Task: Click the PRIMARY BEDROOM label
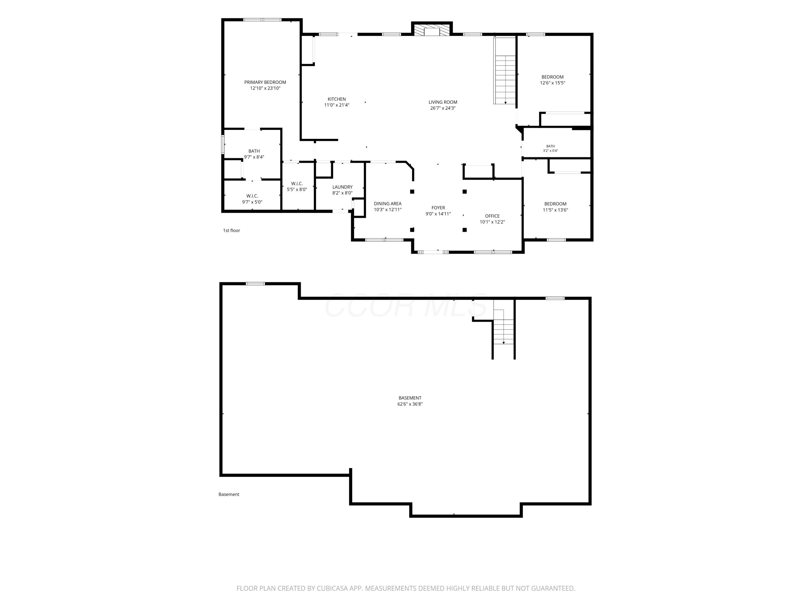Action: pyautogui.click(x=265, y=82)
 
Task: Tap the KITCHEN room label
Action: pyautogui.click(x=337, y=99)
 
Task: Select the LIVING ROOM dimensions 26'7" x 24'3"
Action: pyautogui.click(x=443, y=108)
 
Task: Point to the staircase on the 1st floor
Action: pyautogui.click(x=505, y=70)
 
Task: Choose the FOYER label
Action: pyautogui.click(x=438, y=208)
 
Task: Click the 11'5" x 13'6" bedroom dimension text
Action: pyautogui.click(x=555, y=210)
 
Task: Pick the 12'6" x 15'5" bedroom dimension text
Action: pyautogui.click(x=552, y=83)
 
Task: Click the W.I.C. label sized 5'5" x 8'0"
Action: pyautogui.click(x=297, y=184)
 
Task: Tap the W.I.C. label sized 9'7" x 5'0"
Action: pyautogui.click(x=252, y=196)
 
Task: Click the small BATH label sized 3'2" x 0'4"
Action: pyautogui.click(x=550, y=146)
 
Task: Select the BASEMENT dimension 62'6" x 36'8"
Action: pyautogui.click(x=410, y=404)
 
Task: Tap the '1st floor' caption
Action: pyautogui.click(x=232, y=231)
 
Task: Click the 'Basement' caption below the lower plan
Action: pyautogui.click(x=229, y=495)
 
